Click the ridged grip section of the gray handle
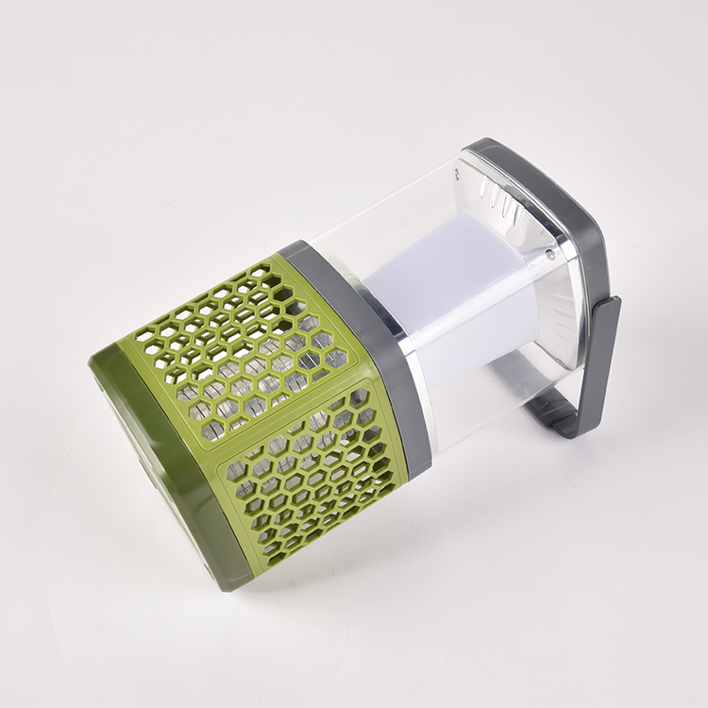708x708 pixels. click(557, 413)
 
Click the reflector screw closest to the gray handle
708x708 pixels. click(550, 254)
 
